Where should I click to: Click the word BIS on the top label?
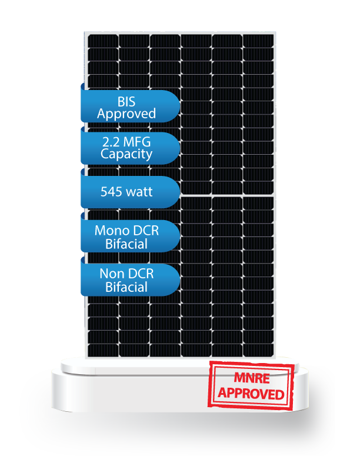click(126, 102)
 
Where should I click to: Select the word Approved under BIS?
click(126, 114)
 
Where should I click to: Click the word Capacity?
click(126, 155)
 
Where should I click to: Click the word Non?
click(111, 274)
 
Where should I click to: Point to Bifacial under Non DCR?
click(126, 287)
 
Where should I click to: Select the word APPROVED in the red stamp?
click(251, 392)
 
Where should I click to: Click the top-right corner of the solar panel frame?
click(275, 32)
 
